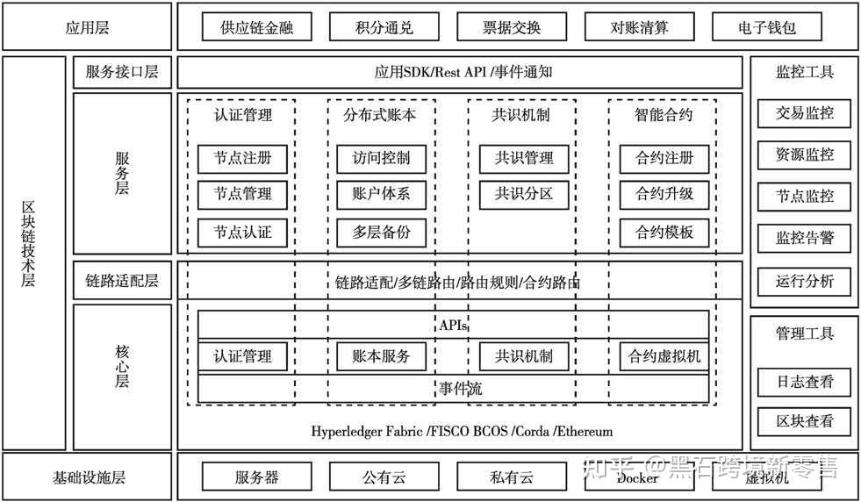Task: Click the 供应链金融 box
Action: [257, 27]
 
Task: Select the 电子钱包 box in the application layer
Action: [766, 27]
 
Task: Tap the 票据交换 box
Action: [512, 27]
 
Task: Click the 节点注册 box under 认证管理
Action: [242, 158]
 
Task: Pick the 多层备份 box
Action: [382, 233]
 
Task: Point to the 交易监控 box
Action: [804, 112]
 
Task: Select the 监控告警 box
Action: [804, 237]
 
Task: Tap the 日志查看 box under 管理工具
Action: [804, 382]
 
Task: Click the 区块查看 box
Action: [804, 421]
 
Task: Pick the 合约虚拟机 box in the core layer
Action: [664, 356]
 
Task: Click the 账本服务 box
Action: [382, 356]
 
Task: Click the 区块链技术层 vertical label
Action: [29, 255]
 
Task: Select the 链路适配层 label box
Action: [122, 282]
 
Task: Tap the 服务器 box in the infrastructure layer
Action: [257, 478]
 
